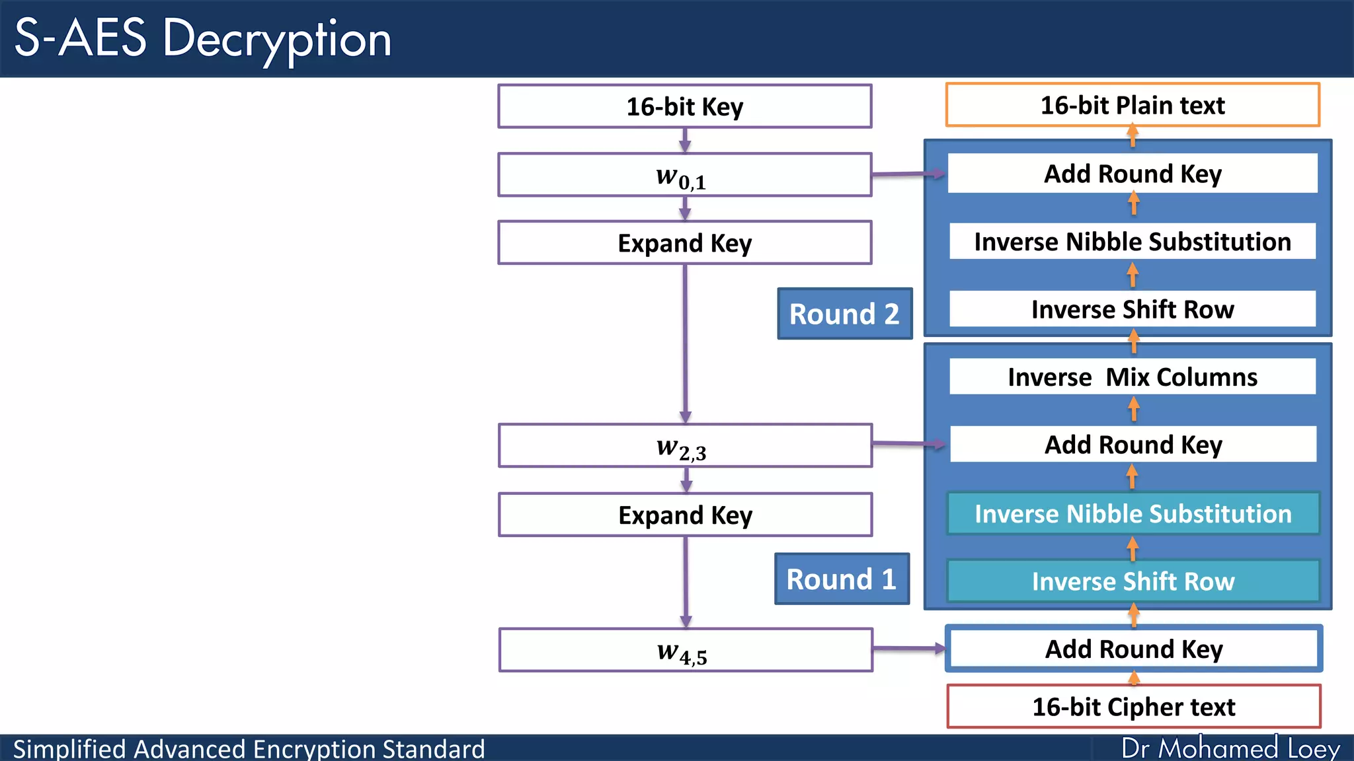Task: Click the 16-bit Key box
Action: [684, 106]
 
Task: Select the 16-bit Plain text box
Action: [1132, 105]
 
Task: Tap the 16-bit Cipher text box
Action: [1133, 707]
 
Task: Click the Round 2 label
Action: [844, 314]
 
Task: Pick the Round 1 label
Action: [841, 579]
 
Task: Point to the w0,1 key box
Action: [684, 175]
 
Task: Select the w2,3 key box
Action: [684, 446]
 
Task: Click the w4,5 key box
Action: [685, 650]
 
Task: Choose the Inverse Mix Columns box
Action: [1132, 377]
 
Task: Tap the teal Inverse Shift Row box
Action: [1133, 581]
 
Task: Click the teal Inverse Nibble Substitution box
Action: [1133, 513]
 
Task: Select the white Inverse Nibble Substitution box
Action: [1132, 242]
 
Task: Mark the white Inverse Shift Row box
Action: [1132, 309]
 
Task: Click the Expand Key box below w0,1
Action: [684, 243]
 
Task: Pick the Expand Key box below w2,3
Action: [685, 515]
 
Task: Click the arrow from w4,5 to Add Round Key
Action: [909, 649]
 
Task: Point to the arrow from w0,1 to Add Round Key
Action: [907, 174]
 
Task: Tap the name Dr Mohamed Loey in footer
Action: [1230, 748]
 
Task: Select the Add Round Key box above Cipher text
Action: [1133, 649]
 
